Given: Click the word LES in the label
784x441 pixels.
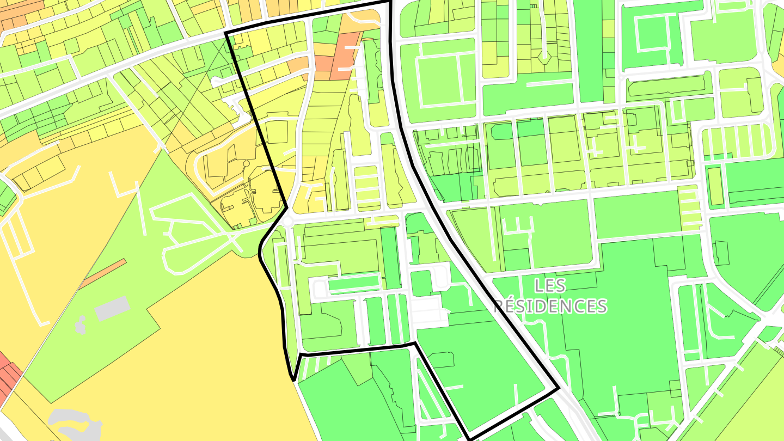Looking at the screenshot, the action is [550, 285].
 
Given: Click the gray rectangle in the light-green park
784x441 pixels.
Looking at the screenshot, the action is [112, 308].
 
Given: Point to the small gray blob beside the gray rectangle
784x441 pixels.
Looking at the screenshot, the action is [81, 325].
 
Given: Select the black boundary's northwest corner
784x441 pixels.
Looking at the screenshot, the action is [226, 33].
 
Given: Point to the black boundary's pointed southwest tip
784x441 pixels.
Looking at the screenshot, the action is [293, 379].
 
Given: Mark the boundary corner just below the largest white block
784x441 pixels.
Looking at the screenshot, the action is [415, 343].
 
